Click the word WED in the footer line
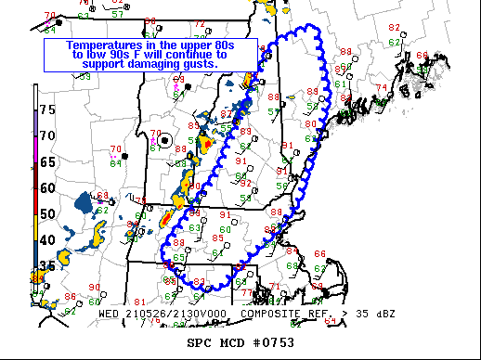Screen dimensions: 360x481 tap(110, 314)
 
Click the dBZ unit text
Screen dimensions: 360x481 tap(383, 314)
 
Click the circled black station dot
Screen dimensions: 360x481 tap(165, 140)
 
